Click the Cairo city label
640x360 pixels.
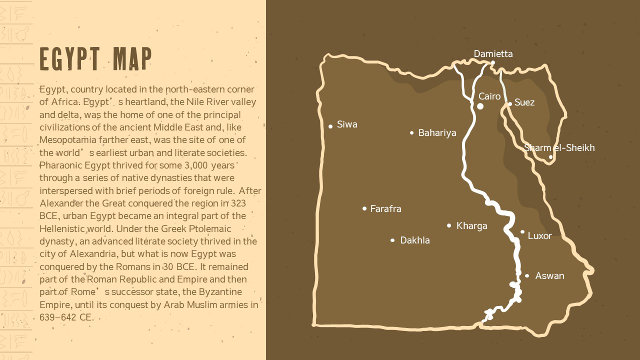(489, 96)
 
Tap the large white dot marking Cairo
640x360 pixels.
(480, 106)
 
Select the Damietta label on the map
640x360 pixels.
(493, 54)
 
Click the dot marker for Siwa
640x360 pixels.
(330, 126)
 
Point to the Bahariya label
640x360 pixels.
(437, 133)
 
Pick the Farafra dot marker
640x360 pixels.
(364, 208)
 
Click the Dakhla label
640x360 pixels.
(414, 240)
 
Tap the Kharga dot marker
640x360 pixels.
(449, 225)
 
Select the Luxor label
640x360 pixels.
(539, 236)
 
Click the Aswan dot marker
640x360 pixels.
(527, 276)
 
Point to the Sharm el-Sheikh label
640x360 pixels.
(559, 148)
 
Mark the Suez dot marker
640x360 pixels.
(510, 104)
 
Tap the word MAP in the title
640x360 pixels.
(132, 59)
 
